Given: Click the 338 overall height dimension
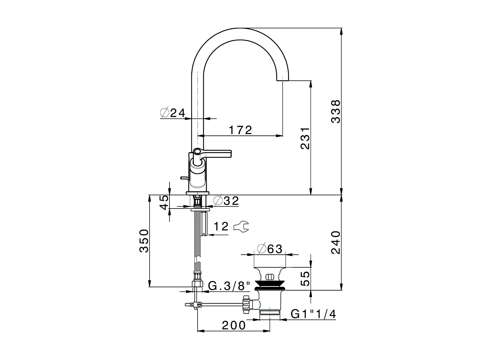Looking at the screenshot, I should pyautogui.click(x=336, y=111).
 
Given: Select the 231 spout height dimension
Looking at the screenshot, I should pyautogui.click(x=306, y=138).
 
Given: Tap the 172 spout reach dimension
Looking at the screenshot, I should pyautogui.click(x=240, y=130).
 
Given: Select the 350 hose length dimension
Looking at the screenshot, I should pyautogui.click(x=144, y=241).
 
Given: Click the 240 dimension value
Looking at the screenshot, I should pyautogui.click(x=336, y=243).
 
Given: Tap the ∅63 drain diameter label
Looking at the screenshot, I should pyautogui.click(x=270, y=248).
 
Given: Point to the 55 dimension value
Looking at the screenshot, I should pyautogui.click(x=306, y=279).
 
